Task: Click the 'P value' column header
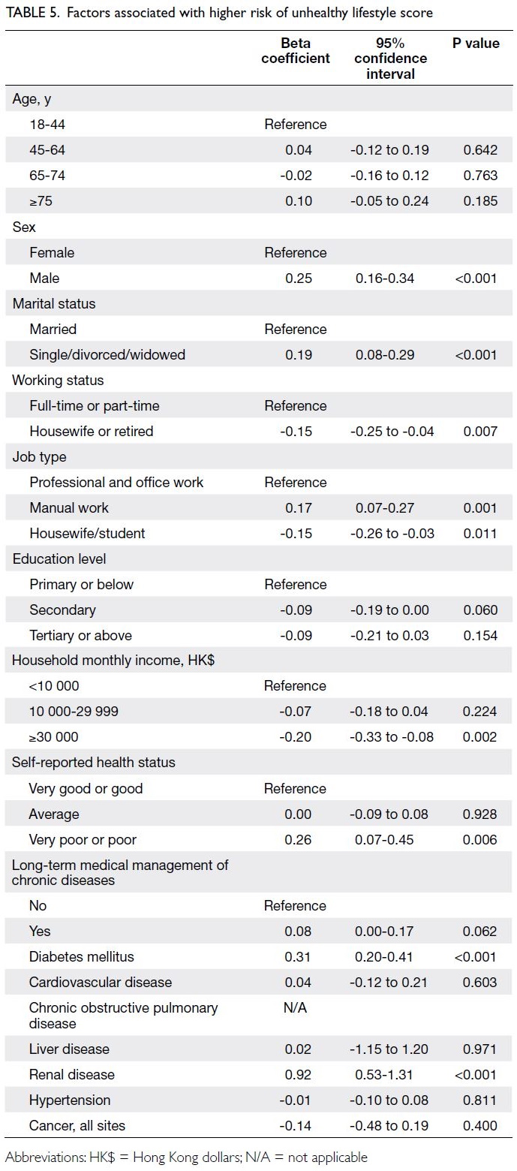476,44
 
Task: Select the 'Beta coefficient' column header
296,51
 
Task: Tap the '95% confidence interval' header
390,59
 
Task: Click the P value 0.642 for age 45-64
480,150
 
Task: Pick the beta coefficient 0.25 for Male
299,278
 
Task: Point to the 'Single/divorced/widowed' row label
107,354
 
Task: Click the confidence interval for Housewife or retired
392,432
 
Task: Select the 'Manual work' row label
69,507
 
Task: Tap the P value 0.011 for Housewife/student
480,533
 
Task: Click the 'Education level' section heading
59,558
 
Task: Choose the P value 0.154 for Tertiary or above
480,635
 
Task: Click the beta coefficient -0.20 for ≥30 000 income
295,736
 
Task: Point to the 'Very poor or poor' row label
83,839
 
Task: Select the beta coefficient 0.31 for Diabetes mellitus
297,956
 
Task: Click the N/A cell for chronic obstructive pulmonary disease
295,1007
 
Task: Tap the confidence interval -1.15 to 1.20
389,1049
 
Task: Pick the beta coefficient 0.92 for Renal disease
297,1074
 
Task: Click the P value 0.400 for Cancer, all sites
480,1125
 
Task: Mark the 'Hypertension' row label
70,1100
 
